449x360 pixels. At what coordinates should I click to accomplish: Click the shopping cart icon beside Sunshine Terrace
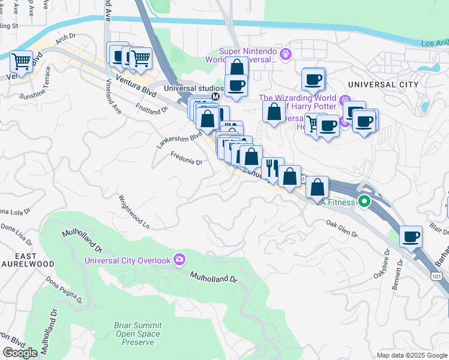pos(22,61)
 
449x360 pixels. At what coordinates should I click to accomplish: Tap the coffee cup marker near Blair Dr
pos(411,236)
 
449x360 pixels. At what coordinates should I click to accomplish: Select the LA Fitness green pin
pos(364,202)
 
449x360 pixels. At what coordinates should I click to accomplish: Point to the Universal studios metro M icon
pos(214,95)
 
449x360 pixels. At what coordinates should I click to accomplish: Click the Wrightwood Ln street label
pos(133,212)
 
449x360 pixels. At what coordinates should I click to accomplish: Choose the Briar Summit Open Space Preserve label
pos(137,334)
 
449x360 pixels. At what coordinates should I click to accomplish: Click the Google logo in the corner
pos(20,353)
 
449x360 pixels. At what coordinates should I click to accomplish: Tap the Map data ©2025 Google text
pos(411,355)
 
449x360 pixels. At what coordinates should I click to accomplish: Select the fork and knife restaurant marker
pos(272,167)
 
